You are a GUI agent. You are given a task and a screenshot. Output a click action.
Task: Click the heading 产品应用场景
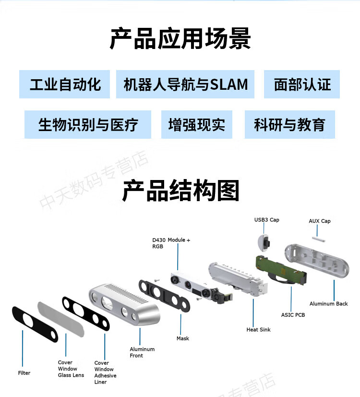coord(180,39)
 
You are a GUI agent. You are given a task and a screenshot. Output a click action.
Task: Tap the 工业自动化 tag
coord(65,84)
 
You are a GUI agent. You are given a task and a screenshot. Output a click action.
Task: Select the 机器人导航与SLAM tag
coord(185,84)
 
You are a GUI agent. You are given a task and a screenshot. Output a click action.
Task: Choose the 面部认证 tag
coord(302,84)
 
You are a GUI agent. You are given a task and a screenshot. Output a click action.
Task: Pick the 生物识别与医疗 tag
coord(88,125)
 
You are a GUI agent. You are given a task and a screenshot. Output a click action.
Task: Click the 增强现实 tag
coord(196,125)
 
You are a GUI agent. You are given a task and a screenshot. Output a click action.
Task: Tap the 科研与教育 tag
coord(289,125)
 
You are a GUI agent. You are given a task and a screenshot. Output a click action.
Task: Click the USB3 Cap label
coord(266,220)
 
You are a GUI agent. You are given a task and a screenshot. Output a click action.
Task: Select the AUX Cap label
coord(319,221)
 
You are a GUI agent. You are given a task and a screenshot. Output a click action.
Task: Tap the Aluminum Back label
coord(328,303)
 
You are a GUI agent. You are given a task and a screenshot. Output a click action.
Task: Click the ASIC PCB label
coord(293,315)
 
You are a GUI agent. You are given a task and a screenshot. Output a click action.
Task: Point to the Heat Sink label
coord(258,330)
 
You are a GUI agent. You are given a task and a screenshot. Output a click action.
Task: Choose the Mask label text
coord(182,338)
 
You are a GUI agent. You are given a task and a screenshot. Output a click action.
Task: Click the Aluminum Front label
coord(142,352)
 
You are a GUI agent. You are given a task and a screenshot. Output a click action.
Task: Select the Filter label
coord(24,373)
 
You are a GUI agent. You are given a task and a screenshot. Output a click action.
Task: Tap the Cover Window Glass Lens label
coord(71,369)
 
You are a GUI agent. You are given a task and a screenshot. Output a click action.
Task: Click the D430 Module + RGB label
coord(171,243)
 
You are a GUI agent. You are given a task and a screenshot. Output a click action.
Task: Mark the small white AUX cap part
coord(318,236)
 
